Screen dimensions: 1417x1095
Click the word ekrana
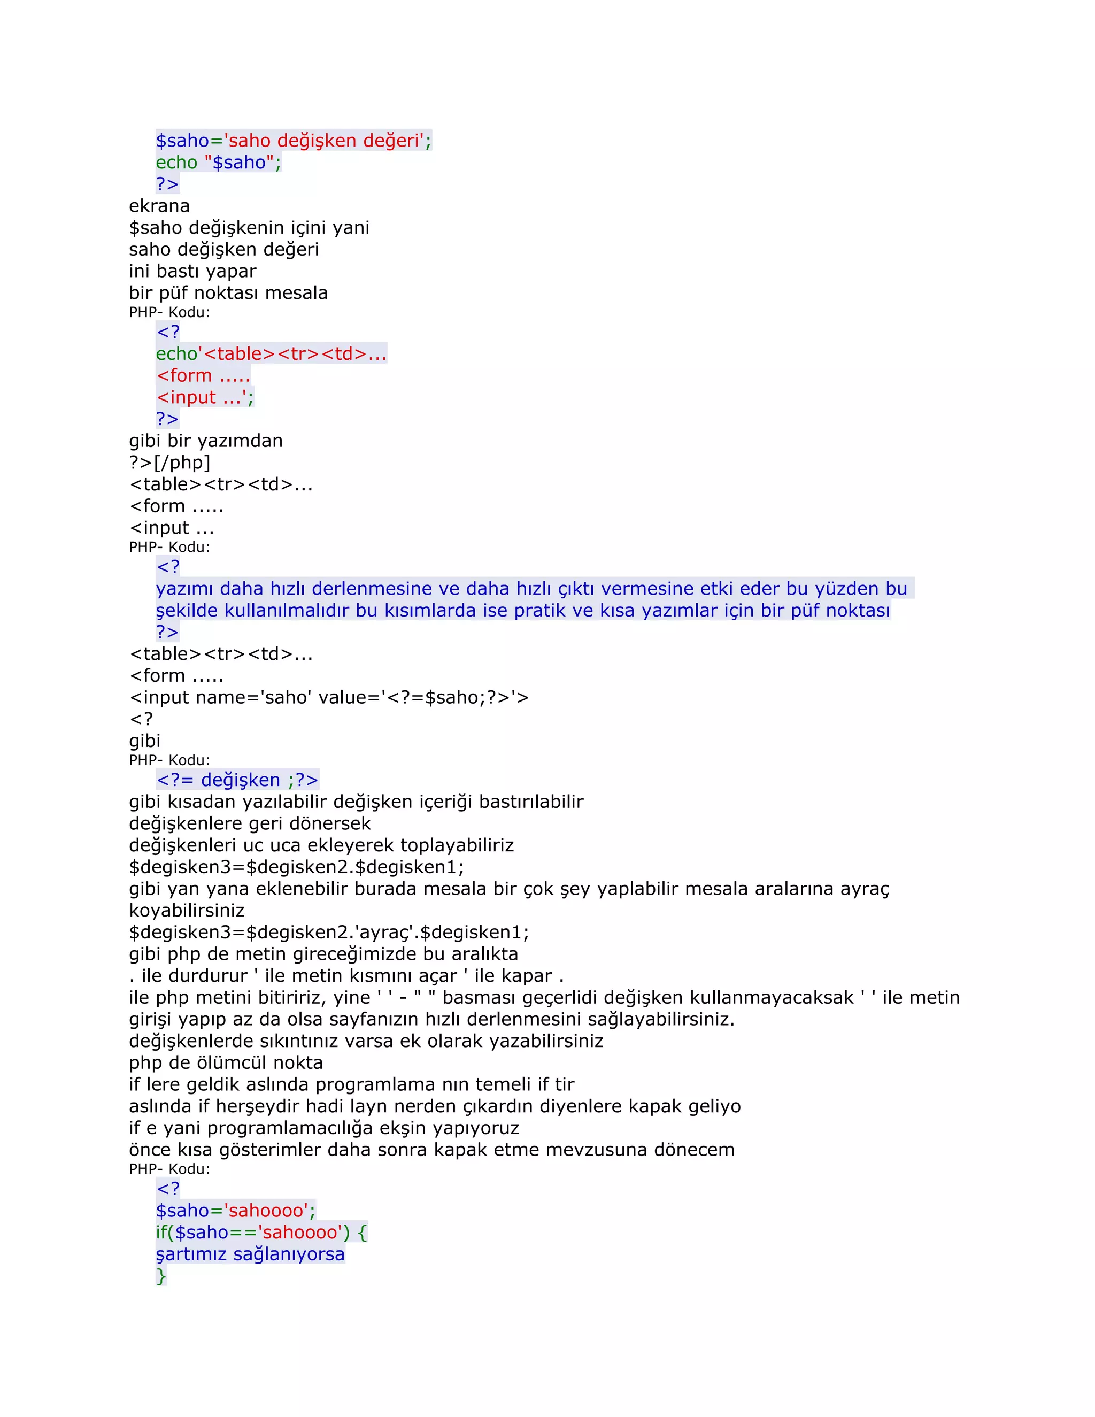pos(159,206)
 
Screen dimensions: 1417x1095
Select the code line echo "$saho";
pos(218,163)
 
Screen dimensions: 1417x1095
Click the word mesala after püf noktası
pos(296,293)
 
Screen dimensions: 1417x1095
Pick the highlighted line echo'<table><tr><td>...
pos(271,354)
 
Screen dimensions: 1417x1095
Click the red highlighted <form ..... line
pos(203,376)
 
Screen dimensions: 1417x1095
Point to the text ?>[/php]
pos(169,463)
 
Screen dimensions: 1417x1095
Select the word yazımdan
pos(244,441)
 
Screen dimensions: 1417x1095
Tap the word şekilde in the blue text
pos(187,611)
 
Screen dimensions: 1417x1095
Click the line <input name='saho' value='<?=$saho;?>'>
pos(329,697)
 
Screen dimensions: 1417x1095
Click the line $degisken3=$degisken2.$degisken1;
pos(296,867)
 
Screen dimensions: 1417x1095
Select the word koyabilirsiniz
pos(187,911)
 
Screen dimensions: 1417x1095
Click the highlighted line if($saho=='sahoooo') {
pos(261,1233)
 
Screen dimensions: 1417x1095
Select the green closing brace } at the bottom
pos(161,1276)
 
